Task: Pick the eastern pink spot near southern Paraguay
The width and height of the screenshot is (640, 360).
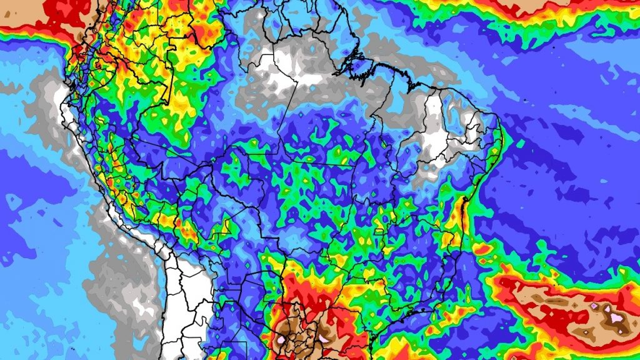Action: (322, 338)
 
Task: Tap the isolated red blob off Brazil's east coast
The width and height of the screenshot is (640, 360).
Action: (482, 249)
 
